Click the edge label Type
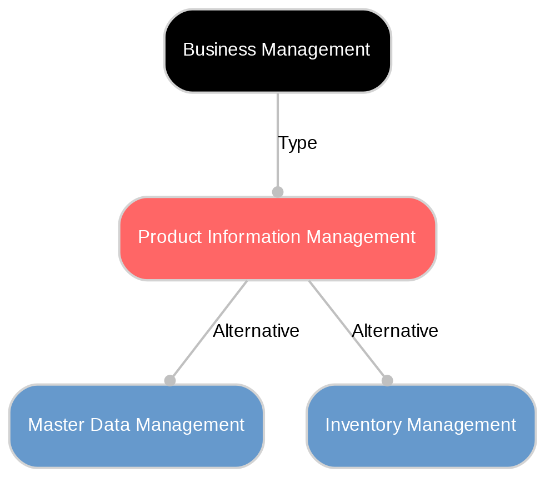[x=297, y=143]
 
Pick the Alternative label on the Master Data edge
[x=256, y=331]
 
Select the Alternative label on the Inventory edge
[x=395, y=331]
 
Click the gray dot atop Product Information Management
[x=277, y=192]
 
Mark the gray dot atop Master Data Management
[x=170, y=380]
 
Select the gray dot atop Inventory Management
[x=387, y=380]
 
